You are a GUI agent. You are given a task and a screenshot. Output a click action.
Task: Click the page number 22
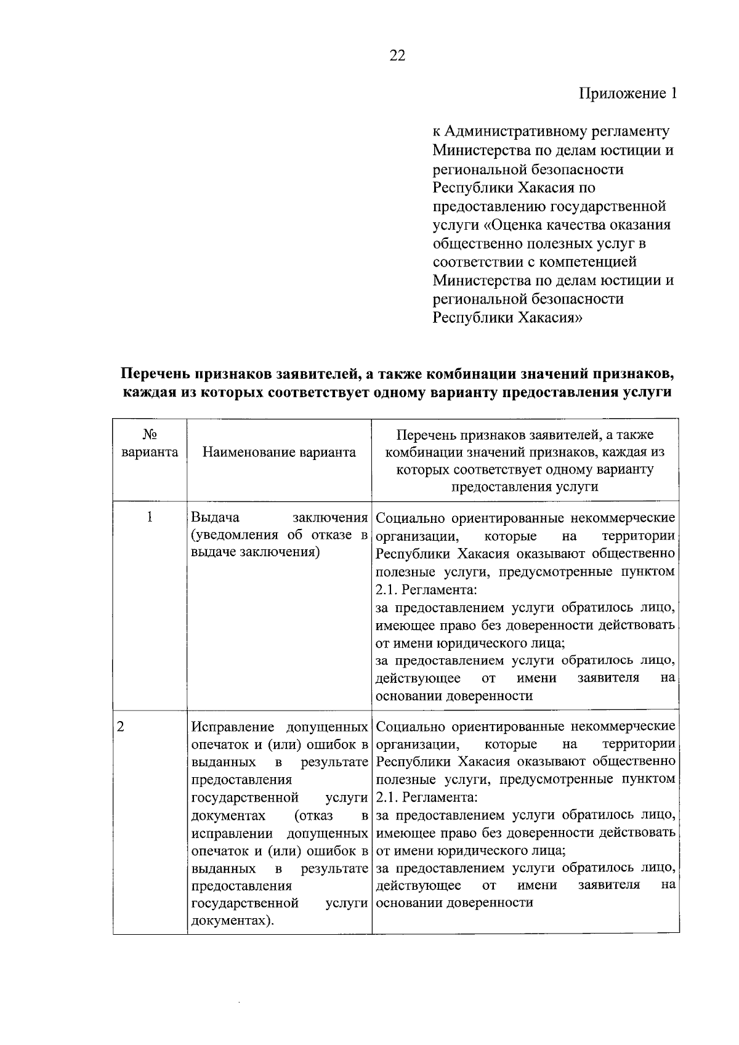click(x=397, y=56)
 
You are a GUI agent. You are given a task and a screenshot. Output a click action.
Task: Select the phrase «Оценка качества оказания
click(x=575, y=225)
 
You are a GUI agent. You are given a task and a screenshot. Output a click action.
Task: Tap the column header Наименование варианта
click(x=279, y=453)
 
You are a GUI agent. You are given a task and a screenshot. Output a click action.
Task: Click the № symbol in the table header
click(x=149, y=435)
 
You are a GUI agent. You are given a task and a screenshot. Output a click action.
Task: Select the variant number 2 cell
click(x=121, y=726)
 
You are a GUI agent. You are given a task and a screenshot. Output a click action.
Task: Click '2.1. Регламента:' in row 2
click(x=426, y=797)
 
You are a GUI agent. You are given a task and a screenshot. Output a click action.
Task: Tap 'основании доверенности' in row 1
click(x=454, y=696)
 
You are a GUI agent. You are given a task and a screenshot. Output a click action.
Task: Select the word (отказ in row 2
click(x=314, y=815)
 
